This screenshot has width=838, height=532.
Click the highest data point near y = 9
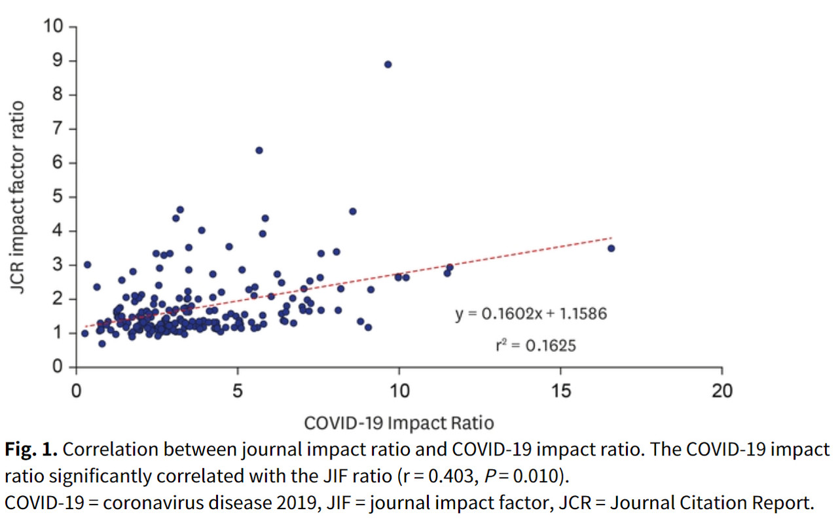tap(388, 64)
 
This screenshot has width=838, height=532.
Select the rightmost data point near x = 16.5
tap(611, 248)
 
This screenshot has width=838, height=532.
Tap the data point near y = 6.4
tap(259, 150)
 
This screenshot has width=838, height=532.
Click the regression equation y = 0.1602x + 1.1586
tap(531, 314)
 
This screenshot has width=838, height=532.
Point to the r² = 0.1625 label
tap(536, 346)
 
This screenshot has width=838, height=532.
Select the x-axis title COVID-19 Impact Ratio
tap(399, 423)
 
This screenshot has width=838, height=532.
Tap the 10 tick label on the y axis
tap(53, 27)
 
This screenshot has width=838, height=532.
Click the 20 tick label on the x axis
tap(721, 391)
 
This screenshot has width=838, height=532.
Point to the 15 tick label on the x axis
tap(560, 391)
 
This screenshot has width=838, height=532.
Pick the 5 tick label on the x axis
tap(238, 391)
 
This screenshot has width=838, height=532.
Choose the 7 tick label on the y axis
tap(58, 129)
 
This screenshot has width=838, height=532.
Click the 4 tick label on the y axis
tap(58, 231)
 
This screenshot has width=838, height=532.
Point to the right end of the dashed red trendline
tap(611, 238)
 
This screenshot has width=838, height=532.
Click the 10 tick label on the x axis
tap(399, 391)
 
